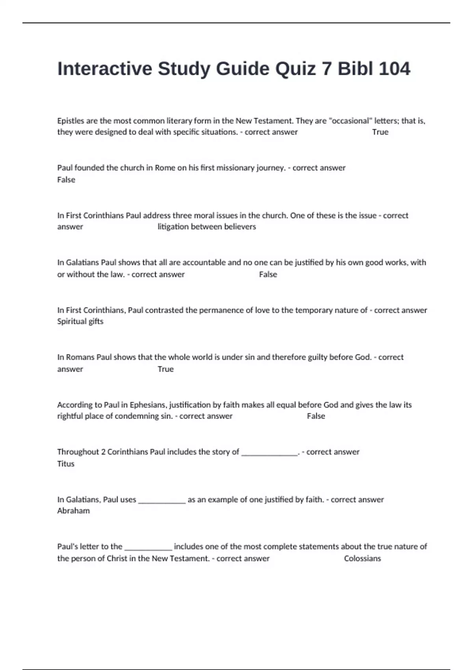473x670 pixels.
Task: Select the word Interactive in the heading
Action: click(x=104, y=69)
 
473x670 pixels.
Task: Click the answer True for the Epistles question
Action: click(x=380, y=132)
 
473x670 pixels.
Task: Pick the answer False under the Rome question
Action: click(x=66, y=180)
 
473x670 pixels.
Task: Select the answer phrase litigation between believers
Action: click(x=207, y=227)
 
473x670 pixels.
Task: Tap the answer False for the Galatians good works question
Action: click(x=268, y=274)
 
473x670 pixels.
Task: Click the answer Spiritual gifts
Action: click(x=80, y=321)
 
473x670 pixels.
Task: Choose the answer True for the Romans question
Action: click(x=166, y=369)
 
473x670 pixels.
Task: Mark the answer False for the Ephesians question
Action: click(x=316, y=416)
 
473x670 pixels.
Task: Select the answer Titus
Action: click(x=65, y=463)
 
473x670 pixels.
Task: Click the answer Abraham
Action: click(x=73, y=511)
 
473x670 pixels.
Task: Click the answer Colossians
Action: click(x=362, y=558)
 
